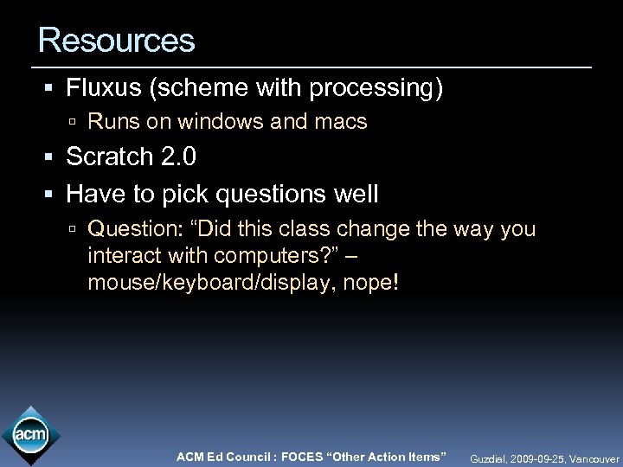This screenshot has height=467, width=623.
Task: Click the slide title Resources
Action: [117, 39]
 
